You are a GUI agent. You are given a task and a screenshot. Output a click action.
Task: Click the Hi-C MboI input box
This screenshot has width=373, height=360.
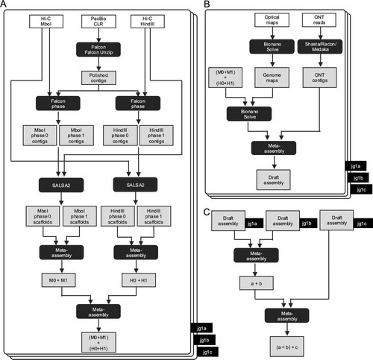click(x=46, y=22)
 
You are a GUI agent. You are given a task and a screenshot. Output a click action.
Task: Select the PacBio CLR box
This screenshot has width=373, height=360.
click(x=98, y=22)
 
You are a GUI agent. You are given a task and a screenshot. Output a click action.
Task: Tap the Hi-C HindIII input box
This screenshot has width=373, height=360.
click(x=148, y=22)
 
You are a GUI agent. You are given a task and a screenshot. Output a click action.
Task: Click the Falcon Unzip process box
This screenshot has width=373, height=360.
click(x=98, y=49)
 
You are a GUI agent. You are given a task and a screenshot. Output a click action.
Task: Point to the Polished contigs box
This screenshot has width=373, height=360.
click(x=98, y=78)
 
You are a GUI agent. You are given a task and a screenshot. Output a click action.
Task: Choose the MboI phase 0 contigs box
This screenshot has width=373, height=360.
click(x=40, y=136)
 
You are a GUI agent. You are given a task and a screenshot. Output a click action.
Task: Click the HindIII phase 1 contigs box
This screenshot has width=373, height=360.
click(x=157, y=136)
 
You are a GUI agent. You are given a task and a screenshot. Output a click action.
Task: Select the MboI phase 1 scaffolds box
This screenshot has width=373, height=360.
click(x=80, y=216)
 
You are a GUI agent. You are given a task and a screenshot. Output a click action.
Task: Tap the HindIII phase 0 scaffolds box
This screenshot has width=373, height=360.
click(x=118, y=216)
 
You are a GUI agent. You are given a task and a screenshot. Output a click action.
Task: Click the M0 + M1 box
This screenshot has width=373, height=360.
click(x=58, y=280)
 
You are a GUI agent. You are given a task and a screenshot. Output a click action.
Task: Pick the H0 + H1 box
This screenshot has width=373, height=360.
click(x=139, y=280)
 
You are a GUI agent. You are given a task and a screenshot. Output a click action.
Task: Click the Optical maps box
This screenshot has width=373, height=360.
click(x=272, y=20)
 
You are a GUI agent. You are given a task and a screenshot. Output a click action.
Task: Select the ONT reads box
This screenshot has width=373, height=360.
click(x=319, y=20)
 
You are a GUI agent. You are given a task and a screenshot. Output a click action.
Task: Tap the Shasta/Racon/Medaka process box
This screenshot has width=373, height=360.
click(x=320, y=46)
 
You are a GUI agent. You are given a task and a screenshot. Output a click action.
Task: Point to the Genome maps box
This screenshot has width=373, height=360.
click(x=272, y=78)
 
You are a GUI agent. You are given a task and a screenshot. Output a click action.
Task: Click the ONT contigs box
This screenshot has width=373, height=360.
click(x=320, y=78)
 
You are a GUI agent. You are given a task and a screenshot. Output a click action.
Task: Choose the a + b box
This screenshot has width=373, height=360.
click(x=257, y=283)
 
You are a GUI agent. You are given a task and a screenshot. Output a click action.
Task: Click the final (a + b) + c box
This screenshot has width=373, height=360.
click(x=287, y=347)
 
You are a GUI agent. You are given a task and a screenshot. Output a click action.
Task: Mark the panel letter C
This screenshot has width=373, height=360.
click(x=207, y=212)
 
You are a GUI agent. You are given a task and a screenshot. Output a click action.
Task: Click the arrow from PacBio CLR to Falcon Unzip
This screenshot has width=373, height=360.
click(x=98, y=35)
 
